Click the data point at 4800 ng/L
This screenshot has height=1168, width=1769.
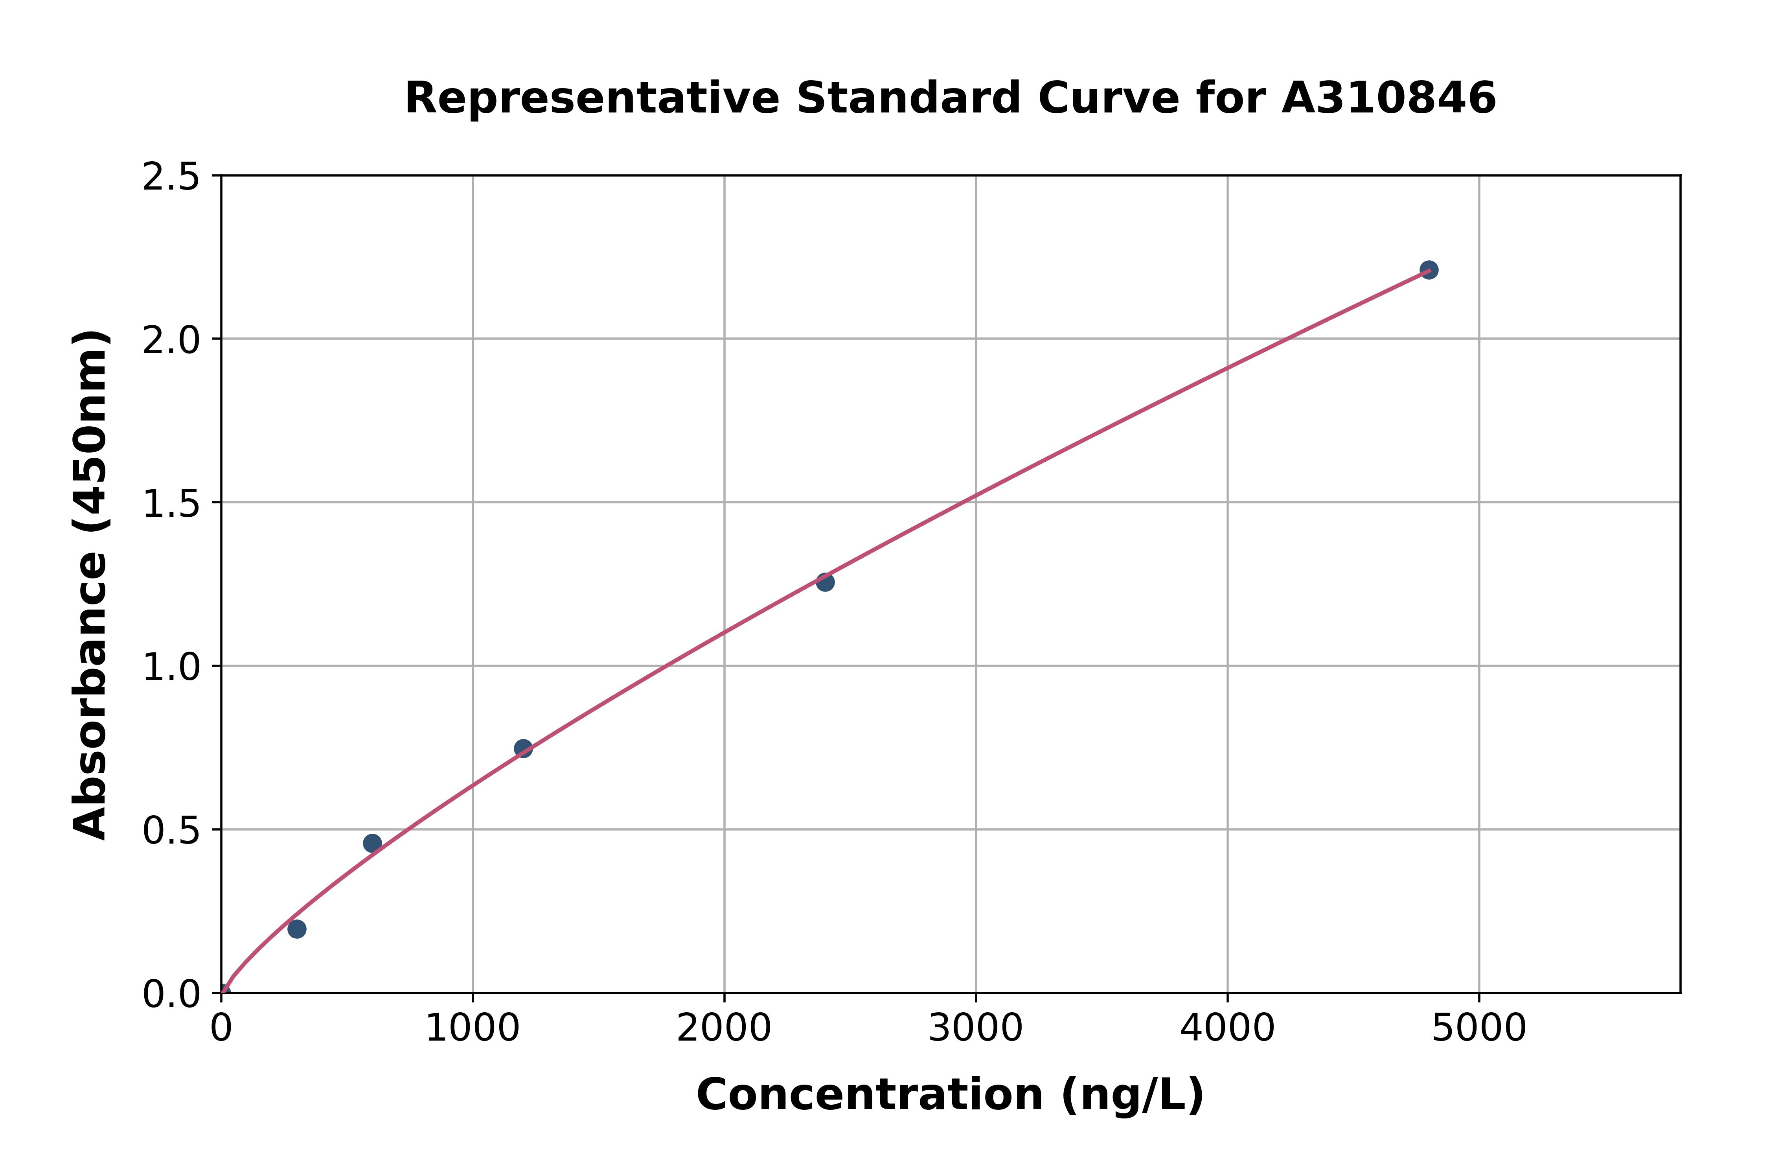click(1428, 270)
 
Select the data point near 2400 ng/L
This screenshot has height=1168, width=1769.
click(825, 582)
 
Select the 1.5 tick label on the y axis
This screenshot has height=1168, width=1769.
click(171, 503)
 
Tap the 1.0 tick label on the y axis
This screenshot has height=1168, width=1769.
click(171, 667)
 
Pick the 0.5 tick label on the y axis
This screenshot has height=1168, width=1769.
click(171, 830)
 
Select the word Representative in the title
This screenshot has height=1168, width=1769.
click(592, 98)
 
